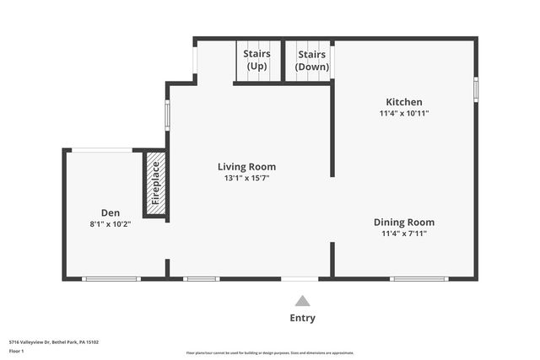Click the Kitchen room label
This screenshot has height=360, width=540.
(404, 102)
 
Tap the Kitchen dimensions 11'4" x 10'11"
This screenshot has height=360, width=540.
(404, 113)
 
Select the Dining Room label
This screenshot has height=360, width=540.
(404, 223)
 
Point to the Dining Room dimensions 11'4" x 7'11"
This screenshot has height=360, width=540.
(404, 234)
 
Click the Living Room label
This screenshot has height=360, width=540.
(246, 167)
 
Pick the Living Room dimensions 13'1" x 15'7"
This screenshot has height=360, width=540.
(246, 178)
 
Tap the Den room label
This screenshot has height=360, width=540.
(111, 213)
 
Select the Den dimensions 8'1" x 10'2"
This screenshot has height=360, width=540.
(111, 224)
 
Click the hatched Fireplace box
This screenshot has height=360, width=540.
(155, 184)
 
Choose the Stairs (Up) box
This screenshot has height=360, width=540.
(256, 61)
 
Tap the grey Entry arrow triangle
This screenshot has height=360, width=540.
(302, 300)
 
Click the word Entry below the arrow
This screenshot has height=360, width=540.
(302, 318)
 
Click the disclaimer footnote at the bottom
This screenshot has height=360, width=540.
(269, 353)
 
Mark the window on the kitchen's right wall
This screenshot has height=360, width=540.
(476, 89)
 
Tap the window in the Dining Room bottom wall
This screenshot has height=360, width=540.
(418, 278)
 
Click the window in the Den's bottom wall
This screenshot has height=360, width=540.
(111, 278)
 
